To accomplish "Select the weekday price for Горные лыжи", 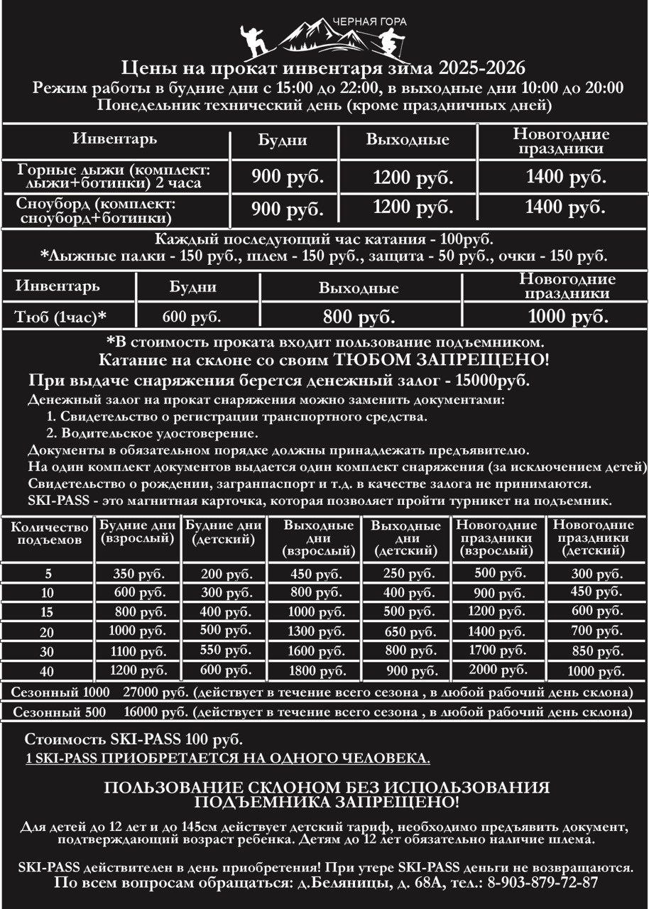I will click(x=287, y=177).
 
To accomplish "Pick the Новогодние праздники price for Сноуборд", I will click(x=566, y=209).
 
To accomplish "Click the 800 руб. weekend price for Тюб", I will click(x=359, y=317).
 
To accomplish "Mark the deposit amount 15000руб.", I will click(x=490, y=380).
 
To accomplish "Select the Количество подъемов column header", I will click(x=50, y=533).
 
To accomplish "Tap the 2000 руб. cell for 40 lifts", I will click(x=497, y=670).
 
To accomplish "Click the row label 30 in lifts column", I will click(x=48, y=651).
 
